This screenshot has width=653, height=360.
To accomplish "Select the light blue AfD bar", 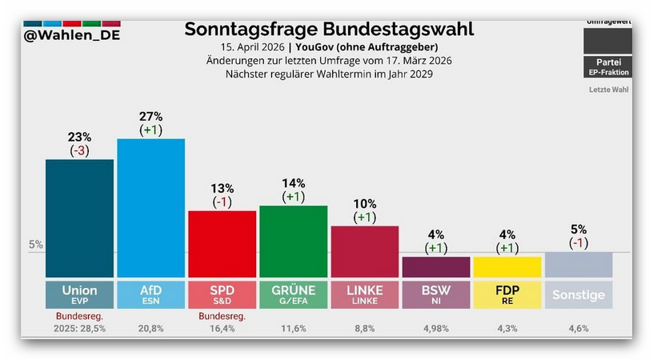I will pyautogui.click(x=150, y=207).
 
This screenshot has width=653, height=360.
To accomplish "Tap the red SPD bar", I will pyautogui.click(x=222, y=243).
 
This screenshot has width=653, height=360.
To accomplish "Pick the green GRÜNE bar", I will pyautogui.click(x=293, y=241).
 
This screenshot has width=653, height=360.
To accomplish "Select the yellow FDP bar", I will pyautogui.click(x=507, y=266).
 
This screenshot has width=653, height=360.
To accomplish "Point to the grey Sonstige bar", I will pyautogui.click(x=579, y=264).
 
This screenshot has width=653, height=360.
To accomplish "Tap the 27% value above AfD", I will pyautogui.click(x=150, y=116).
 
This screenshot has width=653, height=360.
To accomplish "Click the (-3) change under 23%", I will pyautogui.click(x=79, y=151).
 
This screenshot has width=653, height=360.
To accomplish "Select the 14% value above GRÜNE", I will pyautogui.click(x=293, y=182).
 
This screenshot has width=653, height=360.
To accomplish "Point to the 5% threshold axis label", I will pyautogui.click(x=36, y=245).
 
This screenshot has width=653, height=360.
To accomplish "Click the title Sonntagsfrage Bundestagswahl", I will pyautogui.click(x=329, y=30).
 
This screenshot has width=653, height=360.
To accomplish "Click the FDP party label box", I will pyautogui.click(x=507, y=294).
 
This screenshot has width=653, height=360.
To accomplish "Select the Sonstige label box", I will pyautogui.click(x=579, y=294).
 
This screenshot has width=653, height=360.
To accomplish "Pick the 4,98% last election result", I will pyautogui.click(x=435, y=328).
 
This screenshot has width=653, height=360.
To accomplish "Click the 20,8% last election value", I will pyautogui.click(x=150, y=328).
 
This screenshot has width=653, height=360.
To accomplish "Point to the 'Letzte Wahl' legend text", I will pyautogui.click(x=608, y=90).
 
